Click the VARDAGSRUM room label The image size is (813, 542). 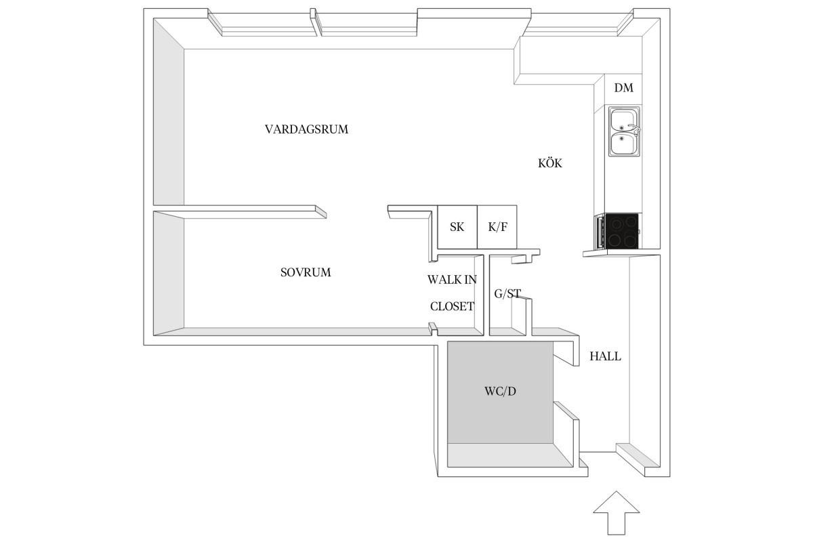point(306,129)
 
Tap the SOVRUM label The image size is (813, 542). point(306,272)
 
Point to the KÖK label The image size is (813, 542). point(550,163)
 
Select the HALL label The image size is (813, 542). point(605,356)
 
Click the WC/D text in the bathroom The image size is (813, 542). point(500,392)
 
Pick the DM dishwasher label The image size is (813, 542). point(623,88)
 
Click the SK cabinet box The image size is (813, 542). point(457,227)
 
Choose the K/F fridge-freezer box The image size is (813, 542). point(497,227)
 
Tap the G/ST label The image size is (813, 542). point(507,293)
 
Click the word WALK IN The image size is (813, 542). point(452,280)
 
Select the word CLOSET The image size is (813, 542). point(452,306)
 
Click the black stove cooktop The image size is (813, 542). point(622,231)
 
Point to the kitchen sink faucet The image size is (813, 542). point(634,128)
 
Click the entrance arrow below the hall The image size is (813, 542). point(617,513)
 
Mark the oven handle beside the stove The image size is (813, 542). point(599,231)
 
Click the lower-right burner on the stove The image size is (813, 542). point(631,241)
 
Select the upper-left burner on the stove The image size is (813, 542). point(616,224)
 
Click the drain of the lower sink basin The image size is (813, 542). point(621,138)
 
